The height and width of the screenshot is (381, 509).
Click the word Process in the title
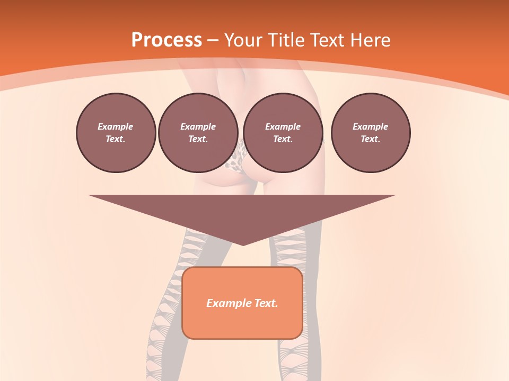click(166, 40)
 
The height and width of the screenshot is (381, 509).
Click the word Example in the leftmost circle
click(116, 126)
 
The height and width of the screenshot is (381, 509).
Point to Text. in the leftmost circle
click(116, 139)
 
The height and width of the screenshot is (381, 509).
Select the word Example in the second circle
click(198, 126)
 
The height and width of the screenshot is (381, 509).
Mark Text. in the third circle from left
click(283, 139)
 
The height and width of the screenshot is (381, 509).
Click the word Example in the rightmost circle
click(370, 126)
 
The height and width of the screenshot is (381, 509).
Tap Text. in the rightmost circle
click(370, 139)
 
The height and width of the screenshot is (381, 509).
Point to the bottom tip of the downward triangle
click(243, 244)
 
